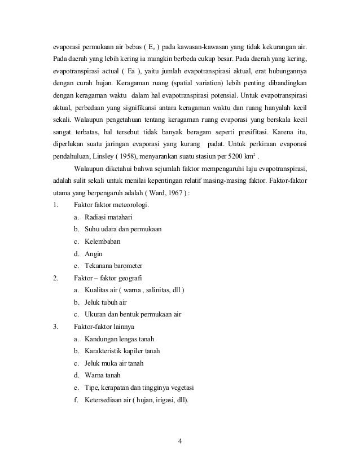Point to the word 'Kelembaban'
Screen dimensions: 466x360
pyautogui.click(x=102, y=241)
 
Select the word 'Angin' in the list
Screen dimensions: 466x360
pyautogui.click(x=94, y=253)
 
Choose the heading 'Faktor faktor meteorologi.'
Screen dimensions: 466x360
pyautogui.click(x=109, y=204)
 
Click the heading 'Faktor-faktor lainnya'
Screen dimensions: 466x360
pyautogui.click(x=106, y=327)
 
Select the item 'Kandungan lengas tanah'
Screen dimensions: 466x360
pyautogui.click(x=119, y=339)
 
